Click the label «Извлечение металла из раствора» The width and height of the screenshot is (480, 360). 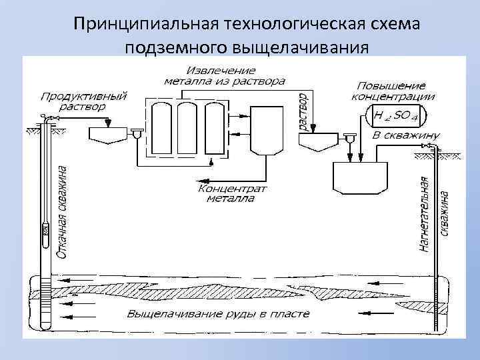223,75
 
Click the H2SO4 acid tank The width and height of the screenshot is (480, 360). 396,117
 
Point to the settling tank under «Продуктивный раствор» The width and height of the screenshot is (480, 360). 108,136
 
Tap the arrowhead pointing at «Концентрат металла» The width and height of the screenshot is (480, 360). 197,179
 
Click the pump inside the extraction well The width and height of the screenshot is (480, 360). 45,230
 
